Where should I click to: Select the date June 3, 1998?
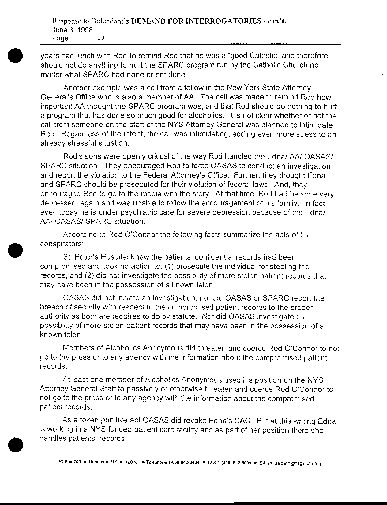(x=73, y=30)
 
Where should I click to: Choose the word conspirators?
(x=61, y=244)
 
